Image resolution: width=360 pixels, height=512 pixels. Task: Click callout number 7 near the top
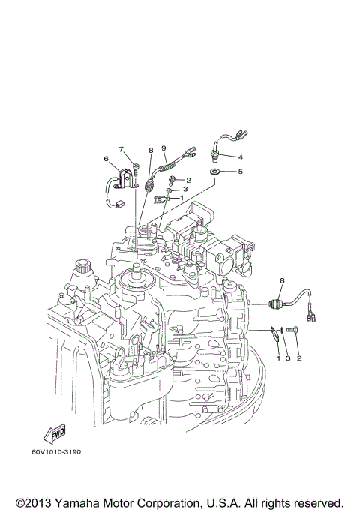pos(119,149)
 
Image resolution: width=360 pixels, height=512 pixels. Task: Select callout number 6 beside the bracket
pos(106,158)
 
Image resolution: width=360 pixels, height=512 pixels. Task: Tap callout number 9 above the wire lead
pos(163,148)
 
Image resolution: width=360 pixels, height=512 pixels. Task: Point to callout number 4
pos(240,157)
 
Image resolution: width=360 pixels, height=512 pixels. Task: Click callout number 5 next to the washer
pos(240,172)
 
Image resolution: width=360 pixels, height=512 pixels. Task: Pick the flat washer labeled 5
pos(214,173)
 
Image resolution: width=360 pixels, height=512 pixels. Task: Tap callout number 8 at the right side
pos(282,280)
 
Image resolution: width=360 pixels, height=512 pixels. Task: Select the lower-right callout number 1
pos(278,359)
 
